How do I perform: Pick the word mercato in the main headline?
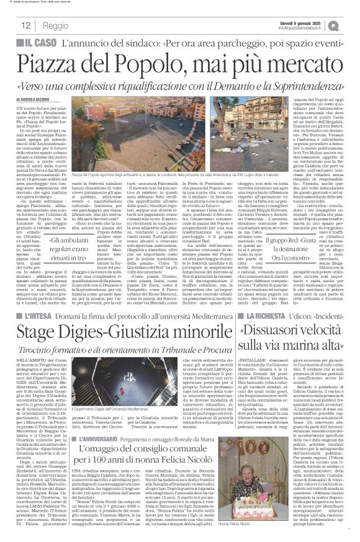click(x=287, y=63)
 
